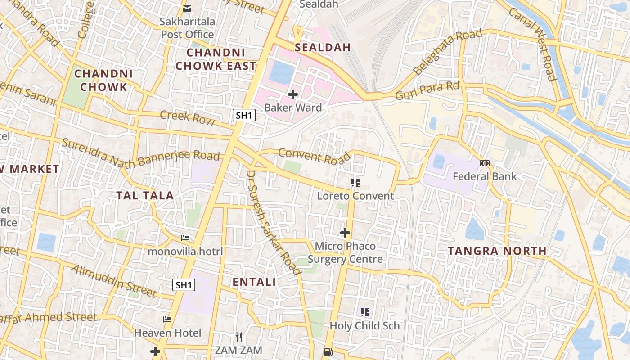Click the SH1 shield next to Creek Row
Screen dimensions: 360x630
click(x=244, y=115)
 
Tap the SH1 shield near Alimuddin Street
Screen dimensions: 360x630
click(x=184, y=284)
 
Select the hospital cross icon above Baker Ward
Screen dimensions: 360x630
click(x=293, y=94)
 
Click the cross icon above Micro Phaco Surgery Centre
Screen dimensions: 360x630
click(x=345, y=233)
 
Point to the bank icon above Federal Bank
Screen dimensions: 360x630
click(x=484, y=163)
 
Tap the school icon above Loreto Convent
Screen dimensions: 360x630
click(x=355, y=182)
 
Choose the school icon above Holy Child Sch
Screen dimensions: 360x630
click(x=365, y=312)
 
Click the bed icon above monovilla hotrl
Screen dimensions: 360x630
click(x=185, y=238)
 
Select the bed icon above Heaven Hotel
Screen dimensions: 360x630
click(x=167, y=319)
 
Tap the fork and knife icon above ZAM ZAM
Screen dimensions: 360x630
click(x=239, y=337)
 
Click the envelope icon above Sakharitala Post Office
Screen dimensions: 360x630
click(x=187, y=9)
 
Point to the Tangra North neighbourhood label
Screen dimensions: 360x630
click(x=497, y=251)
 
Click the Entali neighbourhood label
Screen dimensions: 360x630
click(x=254, y=282)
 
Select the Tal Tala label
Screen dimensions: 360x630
click(x=145, y=195)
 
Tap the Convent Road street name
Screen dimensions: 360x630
click(x=314, y=156)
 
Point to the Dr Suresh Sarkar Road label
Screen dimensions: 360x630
click(x=273, y=222)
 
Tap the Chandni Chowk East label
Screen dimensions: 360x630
click(x=216, y=59)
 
